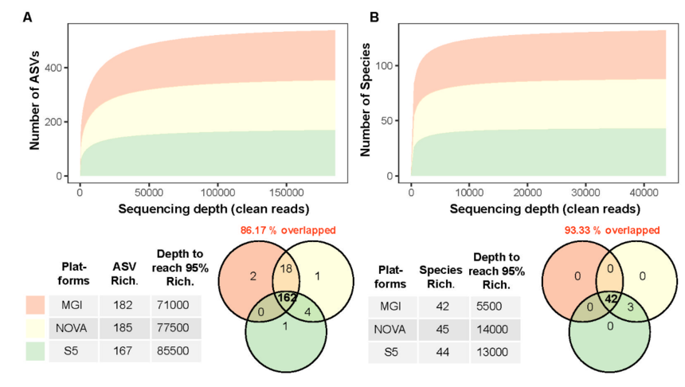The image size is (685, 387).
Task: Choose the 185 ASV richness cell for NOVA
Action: click(x=123, y=327)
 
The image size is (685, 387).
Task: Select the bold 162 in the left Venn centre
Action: click(x=288, y=297)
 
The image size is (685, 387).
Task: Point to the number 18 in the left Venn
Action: click(x=288, y=271)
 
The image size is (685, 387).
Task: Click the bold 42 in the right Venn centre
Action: click(x=611, y=300)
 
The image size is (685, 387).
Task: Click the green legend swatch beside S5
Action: click(x=35, y=350)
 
